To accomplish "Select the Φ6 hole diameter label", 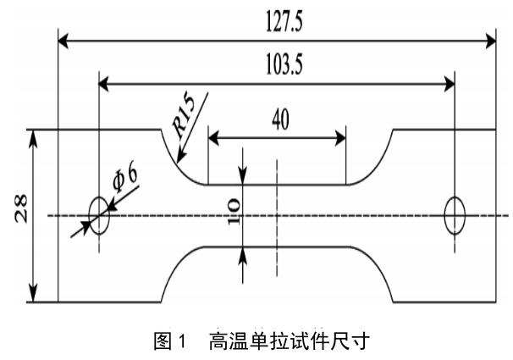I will click(124, 179).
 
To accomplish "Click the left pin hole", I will click(99, 216).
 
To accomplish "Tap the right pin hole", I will click(455, 215).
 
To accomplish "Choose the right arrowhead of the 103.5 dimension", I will click(450, 83).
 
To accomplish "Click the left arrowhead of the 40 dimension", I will click(213, 136).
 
